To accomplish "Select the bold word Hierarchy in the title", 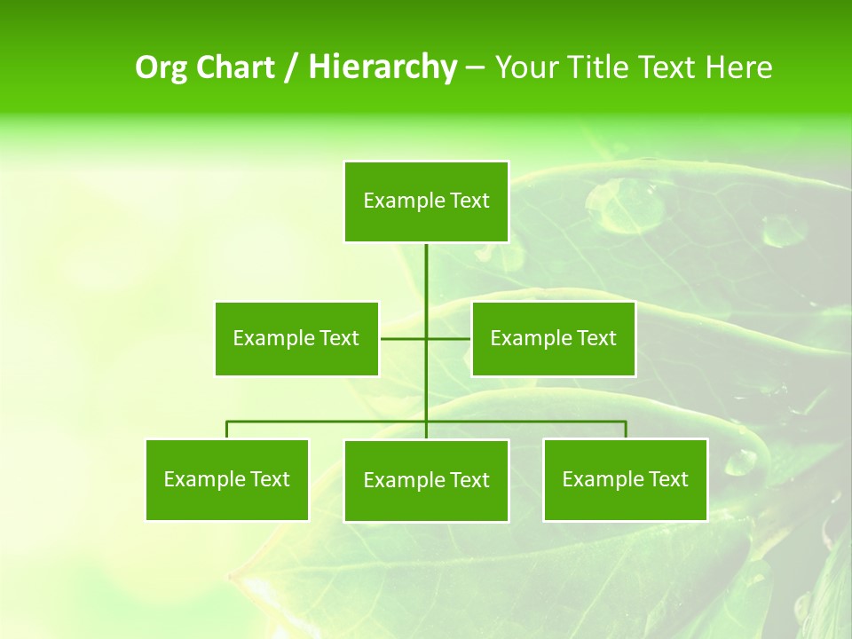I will click(383, 67).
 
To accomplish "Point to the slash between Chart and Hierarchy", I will click(292, 68).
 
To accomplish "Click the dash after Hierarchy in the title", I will click(475, 68).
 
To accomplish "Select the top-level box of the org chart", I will click(426, 201).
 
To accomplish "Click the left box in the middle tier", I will click(296, 338).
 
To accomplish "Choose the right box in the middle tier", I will click(553, 338).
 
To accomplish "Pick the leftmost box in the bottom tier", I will click(227, 479).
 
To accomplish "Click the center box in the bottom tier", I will click(426, 480).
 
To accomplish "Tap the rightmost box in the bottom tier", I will click(626, 479).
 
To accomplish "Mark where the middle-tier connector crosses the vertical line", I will click(426, 338).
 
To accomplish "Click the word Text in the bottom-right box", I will click(669, 479).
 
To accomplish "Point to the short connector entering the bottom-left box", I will click(227, 430).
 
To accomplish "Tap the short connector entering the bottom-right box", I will click(626, 430).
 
